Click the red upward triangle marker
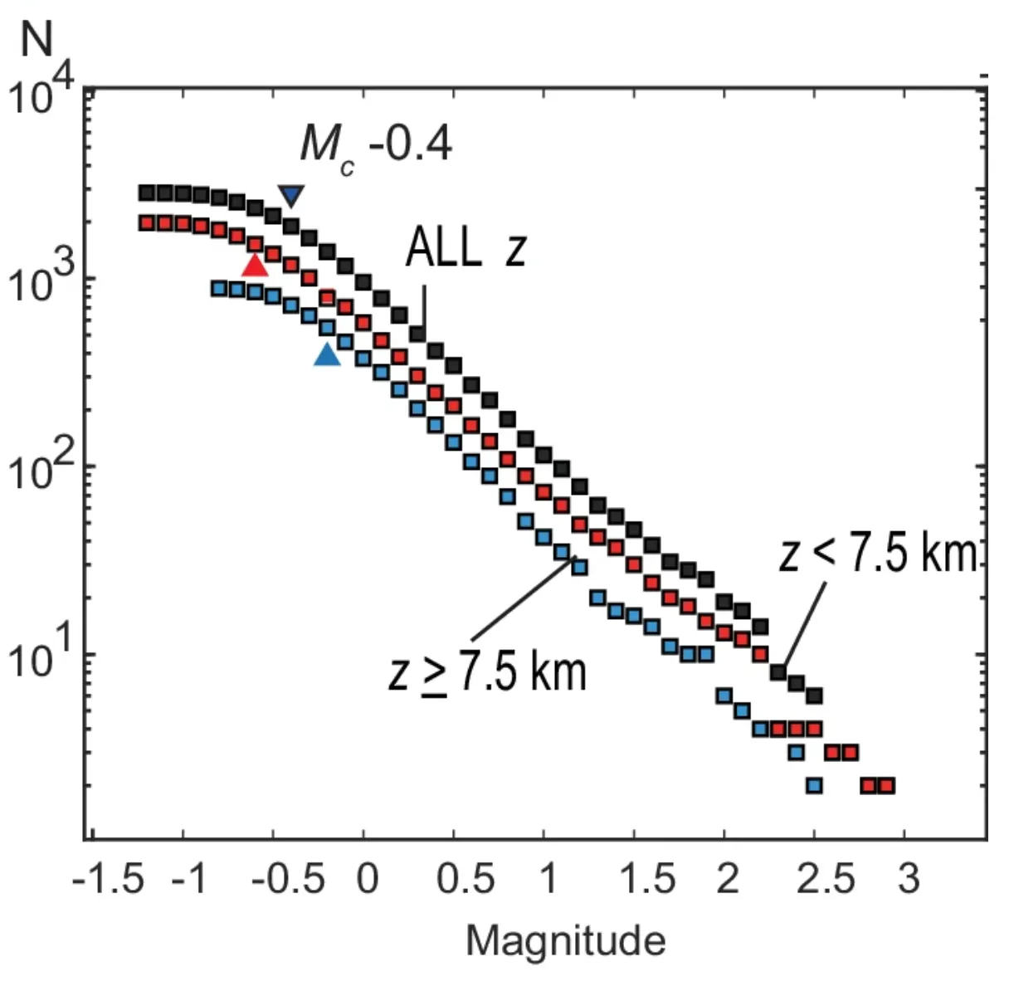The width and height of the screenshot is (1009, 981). click(256, 266)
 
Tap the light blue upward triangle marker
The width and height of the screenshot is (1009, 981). click(328, 355)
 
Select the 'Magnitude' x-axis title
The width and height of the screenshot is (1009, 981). click(566, 941)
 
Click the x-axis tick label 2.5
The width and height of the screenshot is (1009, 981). click(825, 878)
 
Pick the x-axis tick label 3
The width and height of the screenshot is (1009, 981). click(909, 878)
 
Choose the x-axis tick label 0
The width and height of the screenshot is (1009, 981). click(367, 878)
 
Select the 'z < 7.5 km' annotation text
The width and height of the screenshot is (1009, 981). click(878, 553)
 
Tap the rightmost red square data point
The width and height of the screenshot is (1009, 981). click(886, 785)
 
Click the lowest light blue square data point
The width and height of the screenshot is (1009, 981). click(814, 785)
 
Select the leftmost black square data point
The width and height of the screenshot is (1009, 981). click(147, 193)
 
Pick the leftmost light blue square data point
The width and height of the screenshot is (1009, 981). click(219, 289)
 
